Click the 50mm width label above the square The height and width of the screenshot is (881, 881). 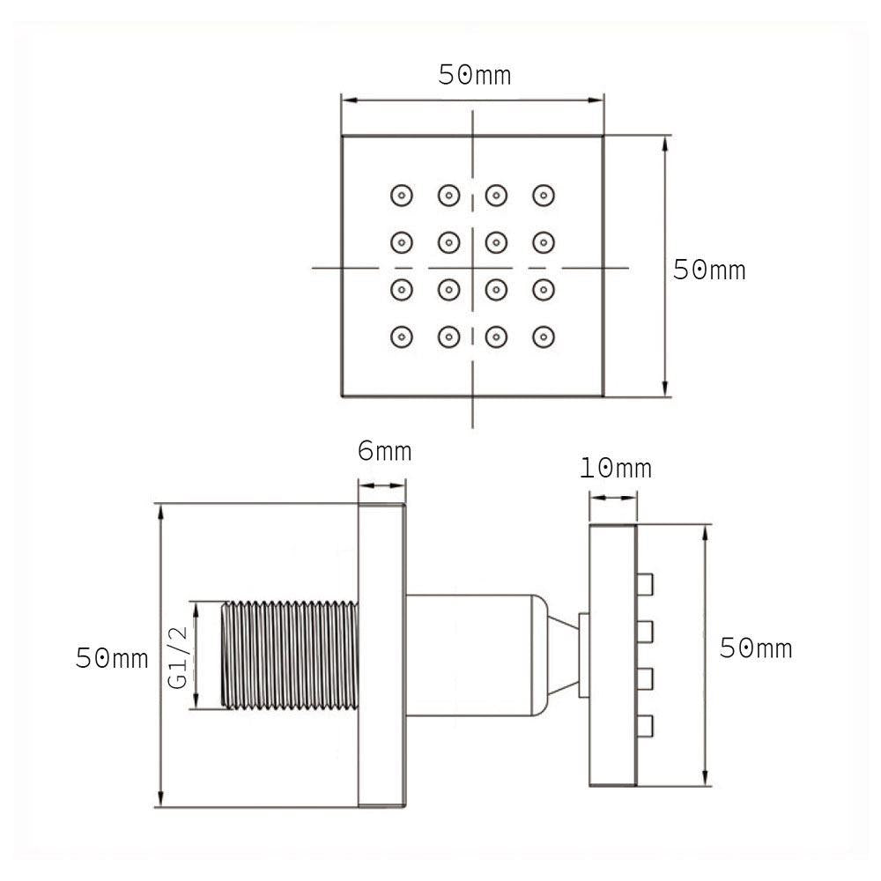pyautogui.click(x=475, y=76)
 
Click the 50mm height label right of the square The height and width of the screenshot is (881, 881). pyautogui.click(x=709, y=270)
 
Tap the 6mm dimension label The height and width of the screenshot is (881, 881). pyautogui.click(x=384, y=452)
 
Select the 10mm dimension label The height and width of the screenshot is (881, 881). pyautogui.click(x=616, y=468)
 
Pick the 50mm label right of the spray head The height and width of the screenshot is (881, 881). pyautogui.click(x=756, y=649)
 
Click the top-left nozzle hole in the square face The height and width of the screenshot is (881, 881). pyautogui.click(x=402, y=194)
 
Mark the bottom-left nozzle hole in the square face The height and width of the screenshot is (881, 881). pyautogui.click(x=402, y=336)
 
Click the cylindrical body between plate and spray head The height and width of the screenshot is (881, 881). pyautogui.click(x=471, y=656)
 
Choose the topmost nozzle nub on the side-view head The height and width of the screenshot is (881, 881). pyautogui.click(x=644, y=582)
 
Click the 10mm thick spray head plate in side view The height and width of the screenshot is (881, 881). pyautogui.click(x=612, y=656)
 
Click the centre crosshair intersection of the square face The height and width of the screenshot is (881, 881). pyautogui.click(x=473, y=266)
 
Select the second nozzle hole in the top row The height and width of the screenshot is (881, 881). pyautogui.click(x=449, y=194)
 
